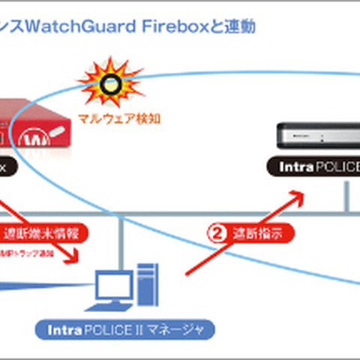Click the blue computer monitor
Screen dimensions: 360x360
click(113, 288)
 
